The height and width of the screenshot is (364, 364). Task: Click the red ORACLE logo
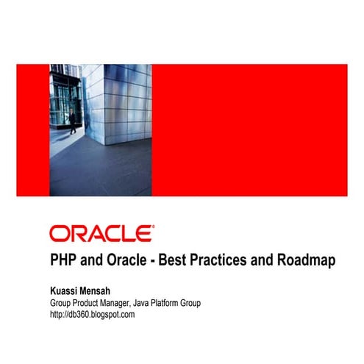point(101,234)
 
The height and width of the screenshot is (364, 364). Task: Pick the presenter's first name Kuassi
point(67,290)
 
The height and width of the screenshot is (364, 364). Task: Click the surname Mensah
point(108,290)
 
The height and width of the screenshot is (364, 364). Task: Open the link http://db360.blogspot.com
point(92,314)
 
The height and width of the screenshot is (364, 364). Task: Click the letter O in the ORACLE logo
point(58,234)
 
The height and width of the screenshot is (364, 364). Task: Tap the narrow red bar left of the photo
point(33,130)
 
